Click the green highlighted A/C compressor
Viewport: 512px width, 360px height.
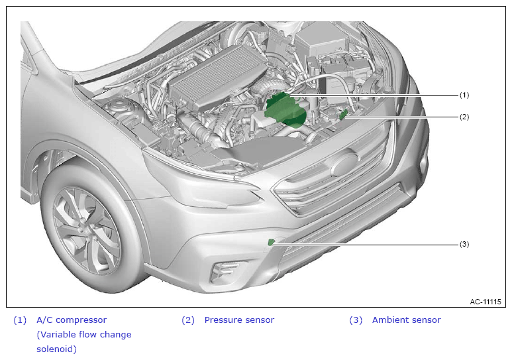(285, 109)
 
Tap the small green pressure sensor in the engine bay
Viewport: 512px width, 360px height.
(343, 114)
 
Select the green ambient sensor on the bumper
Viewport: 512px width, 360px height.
(271, 242)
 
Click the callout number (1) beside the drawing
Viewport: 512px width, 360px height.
(464, 95)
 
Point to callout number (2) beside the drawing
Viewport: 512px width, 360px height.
(464, 117)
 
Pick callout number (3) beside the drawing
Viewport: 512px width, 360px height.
(464, 244)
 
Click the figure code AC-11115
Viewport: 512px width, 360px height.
(486, 302)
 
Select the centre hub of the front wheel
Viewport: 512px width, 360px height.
(85, 229)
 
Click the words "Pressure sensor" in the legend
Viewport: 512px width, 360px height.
(239, 320)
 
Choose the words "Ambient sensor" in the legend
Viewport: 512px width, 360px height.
(407, 320)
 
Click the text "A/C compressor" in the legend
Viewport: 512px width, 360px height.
(72, 320)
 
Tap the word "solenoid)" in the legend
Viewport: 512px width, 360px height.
(56, 349)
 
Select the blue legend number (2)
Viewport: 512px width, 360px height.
(188, 320)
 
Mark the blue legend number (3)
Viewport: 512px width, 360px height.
(356, 320)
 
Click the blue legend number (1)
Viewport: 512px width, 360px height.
(20, 320)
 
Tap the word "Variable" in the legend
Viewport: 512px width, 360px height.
(56, 335)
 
